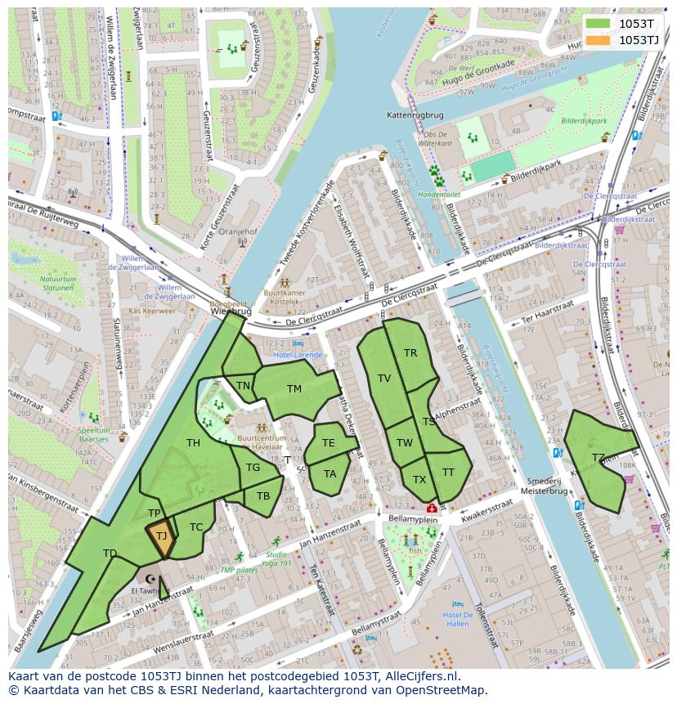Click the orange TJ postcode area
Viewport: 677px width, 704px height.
(x=161, y=537)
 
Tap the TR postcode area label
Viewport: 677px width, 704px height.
(x=410, y=353)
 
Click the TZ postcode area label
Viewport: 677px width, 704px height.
(x=598, y=458)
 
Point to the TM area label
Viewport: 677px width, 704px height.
(x=294, y=389)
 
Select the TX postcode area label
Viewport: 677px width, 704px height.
(x=419, y=479)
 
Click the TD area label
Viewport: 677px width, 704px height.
(x=110, y=554)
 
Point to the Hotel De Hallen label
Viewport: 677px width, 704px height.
(x=457, y=620)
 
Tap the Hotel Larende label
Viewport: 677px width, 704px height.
(x=298, y=355)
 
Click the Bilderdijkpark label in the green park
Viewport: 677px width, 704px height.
(x=584, y=120)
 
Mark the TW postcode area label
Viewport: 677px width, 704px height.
(x=404, y=443)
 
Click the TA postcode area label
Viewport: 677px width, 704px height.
(x=330, y=473)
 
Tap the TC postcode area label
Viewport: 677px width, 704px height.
(x=196, y=527)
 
